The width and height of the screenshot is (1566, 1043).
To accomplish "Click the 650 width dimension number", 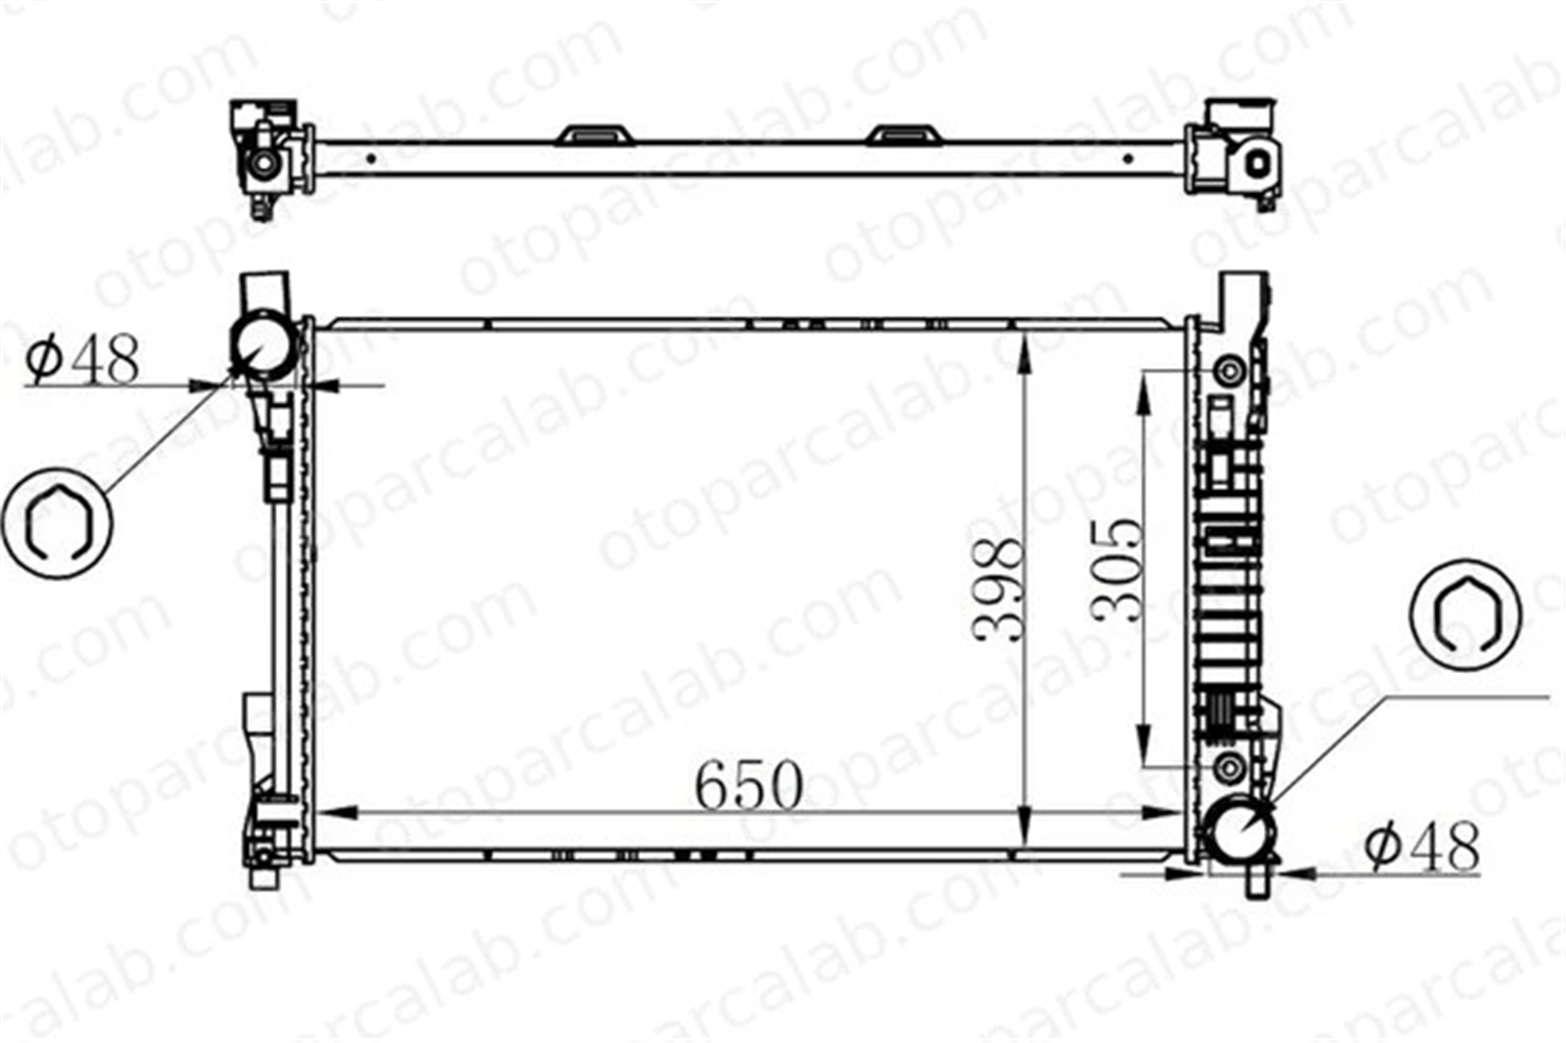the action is (x=749, y=784).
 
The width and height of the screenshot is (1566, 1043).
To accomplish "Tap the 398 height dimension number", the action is (x=998, y=589).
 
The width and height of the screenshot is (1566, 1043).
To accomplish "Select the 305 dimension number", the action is (x=1118, y=570).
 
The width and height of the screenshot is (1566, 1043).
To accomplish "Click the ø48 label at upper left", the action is (x=82, y=359).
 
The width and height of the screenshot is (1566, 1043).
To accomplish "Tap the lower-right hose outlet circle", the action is (x=1240, y=830).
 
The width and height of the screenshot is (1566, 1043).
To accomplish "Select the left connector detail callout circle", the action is (x=58, y=523).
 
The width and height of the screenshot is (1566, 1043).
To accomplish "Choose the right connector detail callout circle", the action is (x=1466, y=614).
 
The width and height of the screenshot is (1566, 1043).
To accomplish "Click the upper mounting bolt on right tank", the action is (x=1230, y=370).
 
